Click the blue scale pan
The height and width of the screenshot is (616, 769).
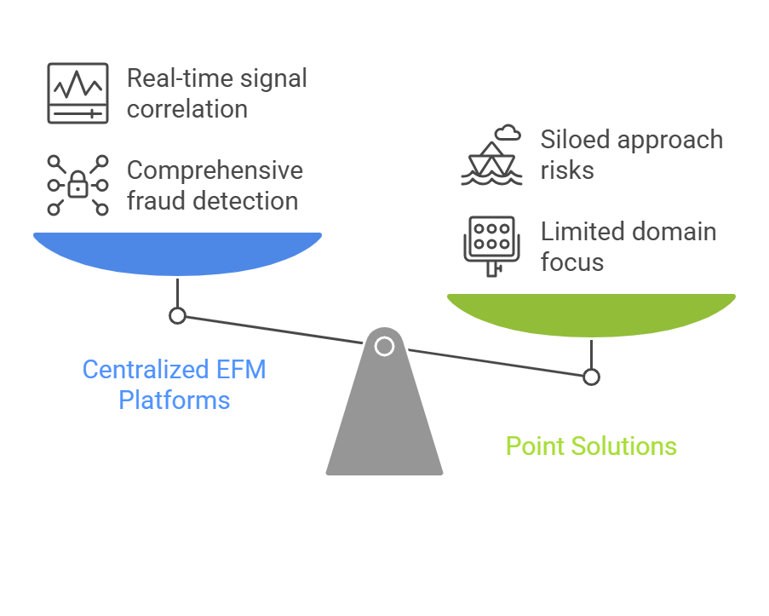pyautogui.click(x=177, y=253)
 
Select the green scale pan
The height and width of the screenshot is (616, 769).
pyautogui.click(x=591, y=314)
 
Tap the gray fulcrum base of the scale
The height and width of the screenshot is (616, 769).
pyautogui.click(x=384, y=417)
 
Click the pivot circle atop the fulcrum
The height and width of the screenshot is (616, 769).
pyautogui.click(x=384, y=346)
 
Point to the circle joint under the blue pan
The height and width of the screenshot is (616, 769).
pyautogui.click(x=177, y=316)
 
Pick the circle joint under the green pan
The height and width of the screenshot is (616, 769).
pyautogui.click(x=591, y=377)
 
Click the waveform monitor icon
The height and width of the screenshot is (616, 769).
pyautogui.click(x=77, y=94)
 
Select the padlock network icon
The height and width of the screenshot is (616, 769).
pyautogui.click(x=77, y=185)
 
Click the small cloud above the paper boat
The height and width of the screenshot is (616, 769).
pyautogui.click(x=508, y=132)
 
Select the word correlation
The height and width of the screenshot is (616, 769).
pyautogui.click(x=187, y=109)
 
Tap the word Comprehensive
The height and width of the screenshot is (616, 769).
pyautogui.click(x=215, y=170)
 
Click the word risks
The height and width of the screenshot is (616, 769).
pyautogui.click(x=567, y=170)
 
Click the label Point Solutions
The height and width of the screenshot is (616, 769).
pyautogui.click(x=591, y=446)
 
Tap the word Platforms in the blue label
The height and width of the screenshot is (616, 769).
pyautogui.click(x=175, y=400)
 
